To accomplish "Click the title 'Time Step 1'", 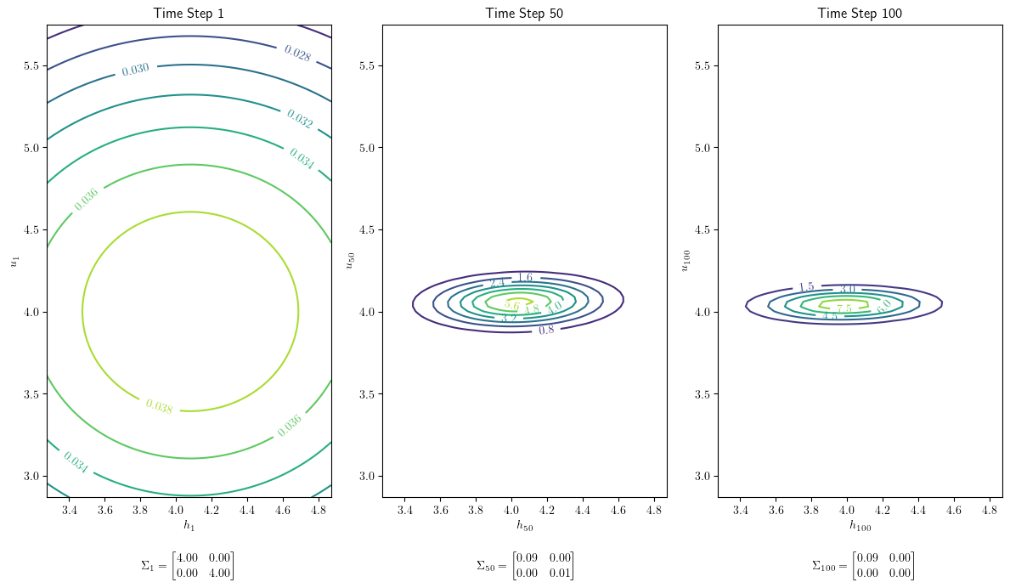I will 189,13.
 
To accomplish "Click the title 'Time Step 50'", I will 524,13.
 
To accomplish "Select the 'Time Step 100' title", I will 860,13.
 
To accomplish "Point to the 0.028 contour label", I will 296,53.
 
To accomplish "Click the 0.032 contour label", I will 299,118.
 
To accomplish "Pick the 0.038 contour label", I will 159,407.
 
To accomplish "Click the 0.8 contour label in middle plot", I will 546,330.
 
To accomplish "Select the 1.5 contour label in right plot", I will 806,288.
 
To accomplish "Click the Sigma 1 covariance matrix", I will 188,565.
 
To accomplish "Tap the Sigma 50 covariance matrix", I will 524,565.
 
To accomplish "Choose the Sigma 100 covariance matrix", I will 862,565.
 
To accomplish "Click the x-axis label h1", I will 189,526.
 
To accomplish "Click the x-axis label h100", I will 860,526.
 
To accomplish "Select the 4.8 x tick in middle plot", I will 654,511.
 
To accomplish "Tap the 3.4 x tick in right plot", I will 740,511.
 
